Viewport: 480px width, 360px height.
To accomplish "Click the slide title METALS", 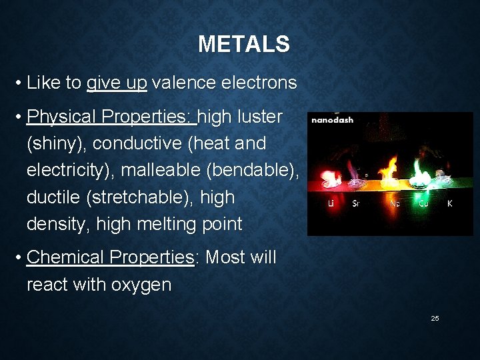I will tap(243, 45).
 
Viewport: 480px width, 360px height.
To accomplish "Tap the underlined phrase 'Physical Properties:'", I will tap(111, 117).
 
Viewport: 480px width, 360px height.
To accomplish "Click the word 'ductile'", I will tap(53, 197).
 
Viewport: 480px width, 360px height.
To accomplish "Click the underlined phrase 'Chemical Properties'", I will tap(109, 257).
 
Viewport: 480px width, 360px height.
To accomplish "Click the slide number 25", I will tap(435, 318).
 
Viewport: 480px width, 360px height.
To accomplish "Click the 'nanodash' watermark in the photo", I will tap(333, 120).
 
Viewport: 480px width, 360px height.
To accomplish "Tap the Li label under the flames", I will tap(331, 204).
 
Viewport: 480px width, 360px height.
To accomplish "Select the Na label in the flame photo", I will tap(395, 204).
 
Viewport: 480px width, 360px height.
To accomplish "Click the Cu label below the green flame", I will tap(423, 204).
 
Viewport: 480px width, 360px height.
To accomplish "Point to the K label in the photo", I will tap(450, 204).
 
